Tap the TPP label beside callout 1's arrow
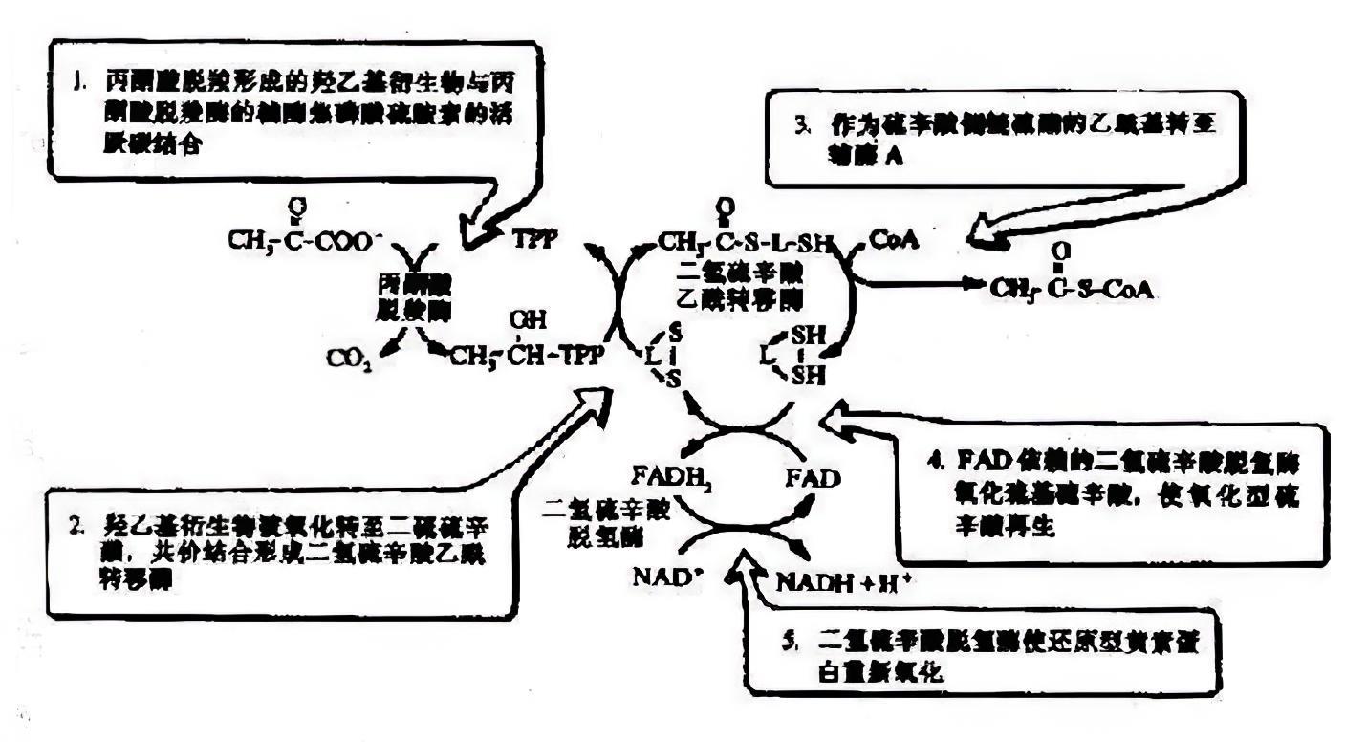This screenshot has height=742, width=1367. click(534, 238)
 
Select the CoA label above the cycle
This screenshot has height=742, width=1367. click(895, 240)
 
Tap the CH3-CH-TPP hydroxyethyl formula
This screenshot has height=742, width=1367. click(527, 355)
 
